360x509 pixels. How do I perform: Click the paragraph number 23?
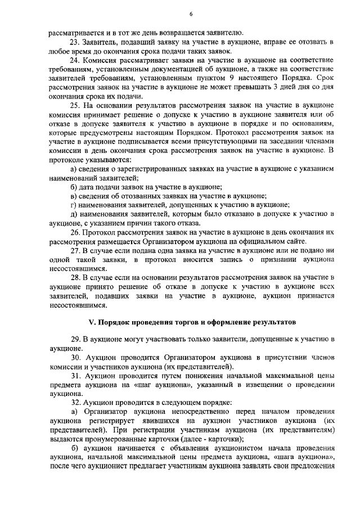point(74,42)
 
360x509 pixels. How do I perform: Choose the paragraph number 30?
point(74,358)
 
